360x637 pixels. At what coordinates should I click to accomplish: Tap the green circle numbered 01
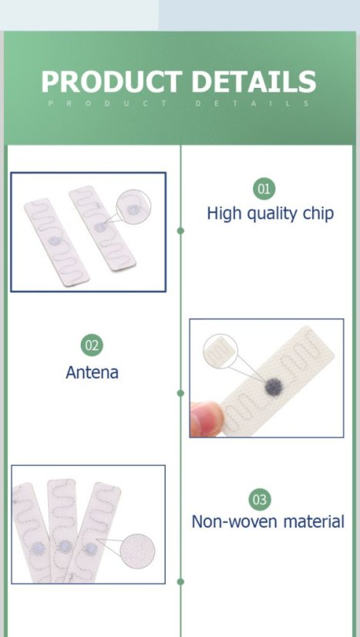point(264,188)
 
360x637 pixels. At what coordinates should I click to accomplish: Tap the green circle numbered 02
point(92,345)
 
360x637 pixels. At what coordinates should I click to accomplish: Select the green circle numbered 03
point(260,500)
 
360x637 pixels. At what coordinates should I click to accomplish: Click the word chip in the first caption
point(318,214)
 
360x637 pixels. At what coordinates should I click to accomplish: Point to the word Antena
point(92,372)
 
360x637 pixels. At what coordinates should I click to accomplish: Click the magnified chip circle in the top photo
point(134,209)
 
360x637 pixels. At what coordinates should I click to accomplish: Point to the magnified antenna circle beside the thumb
point(222,352)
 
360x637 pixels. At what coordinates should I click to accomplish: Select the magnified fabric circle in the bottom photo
point(137,552)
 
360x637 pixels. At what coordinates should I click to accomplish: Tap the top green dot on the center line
point(180,231)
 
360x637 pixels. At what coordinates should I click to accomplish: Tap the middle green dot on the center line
point(180,393)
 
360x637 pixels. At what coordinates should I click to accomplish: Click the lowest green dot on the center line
point(180,581)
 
